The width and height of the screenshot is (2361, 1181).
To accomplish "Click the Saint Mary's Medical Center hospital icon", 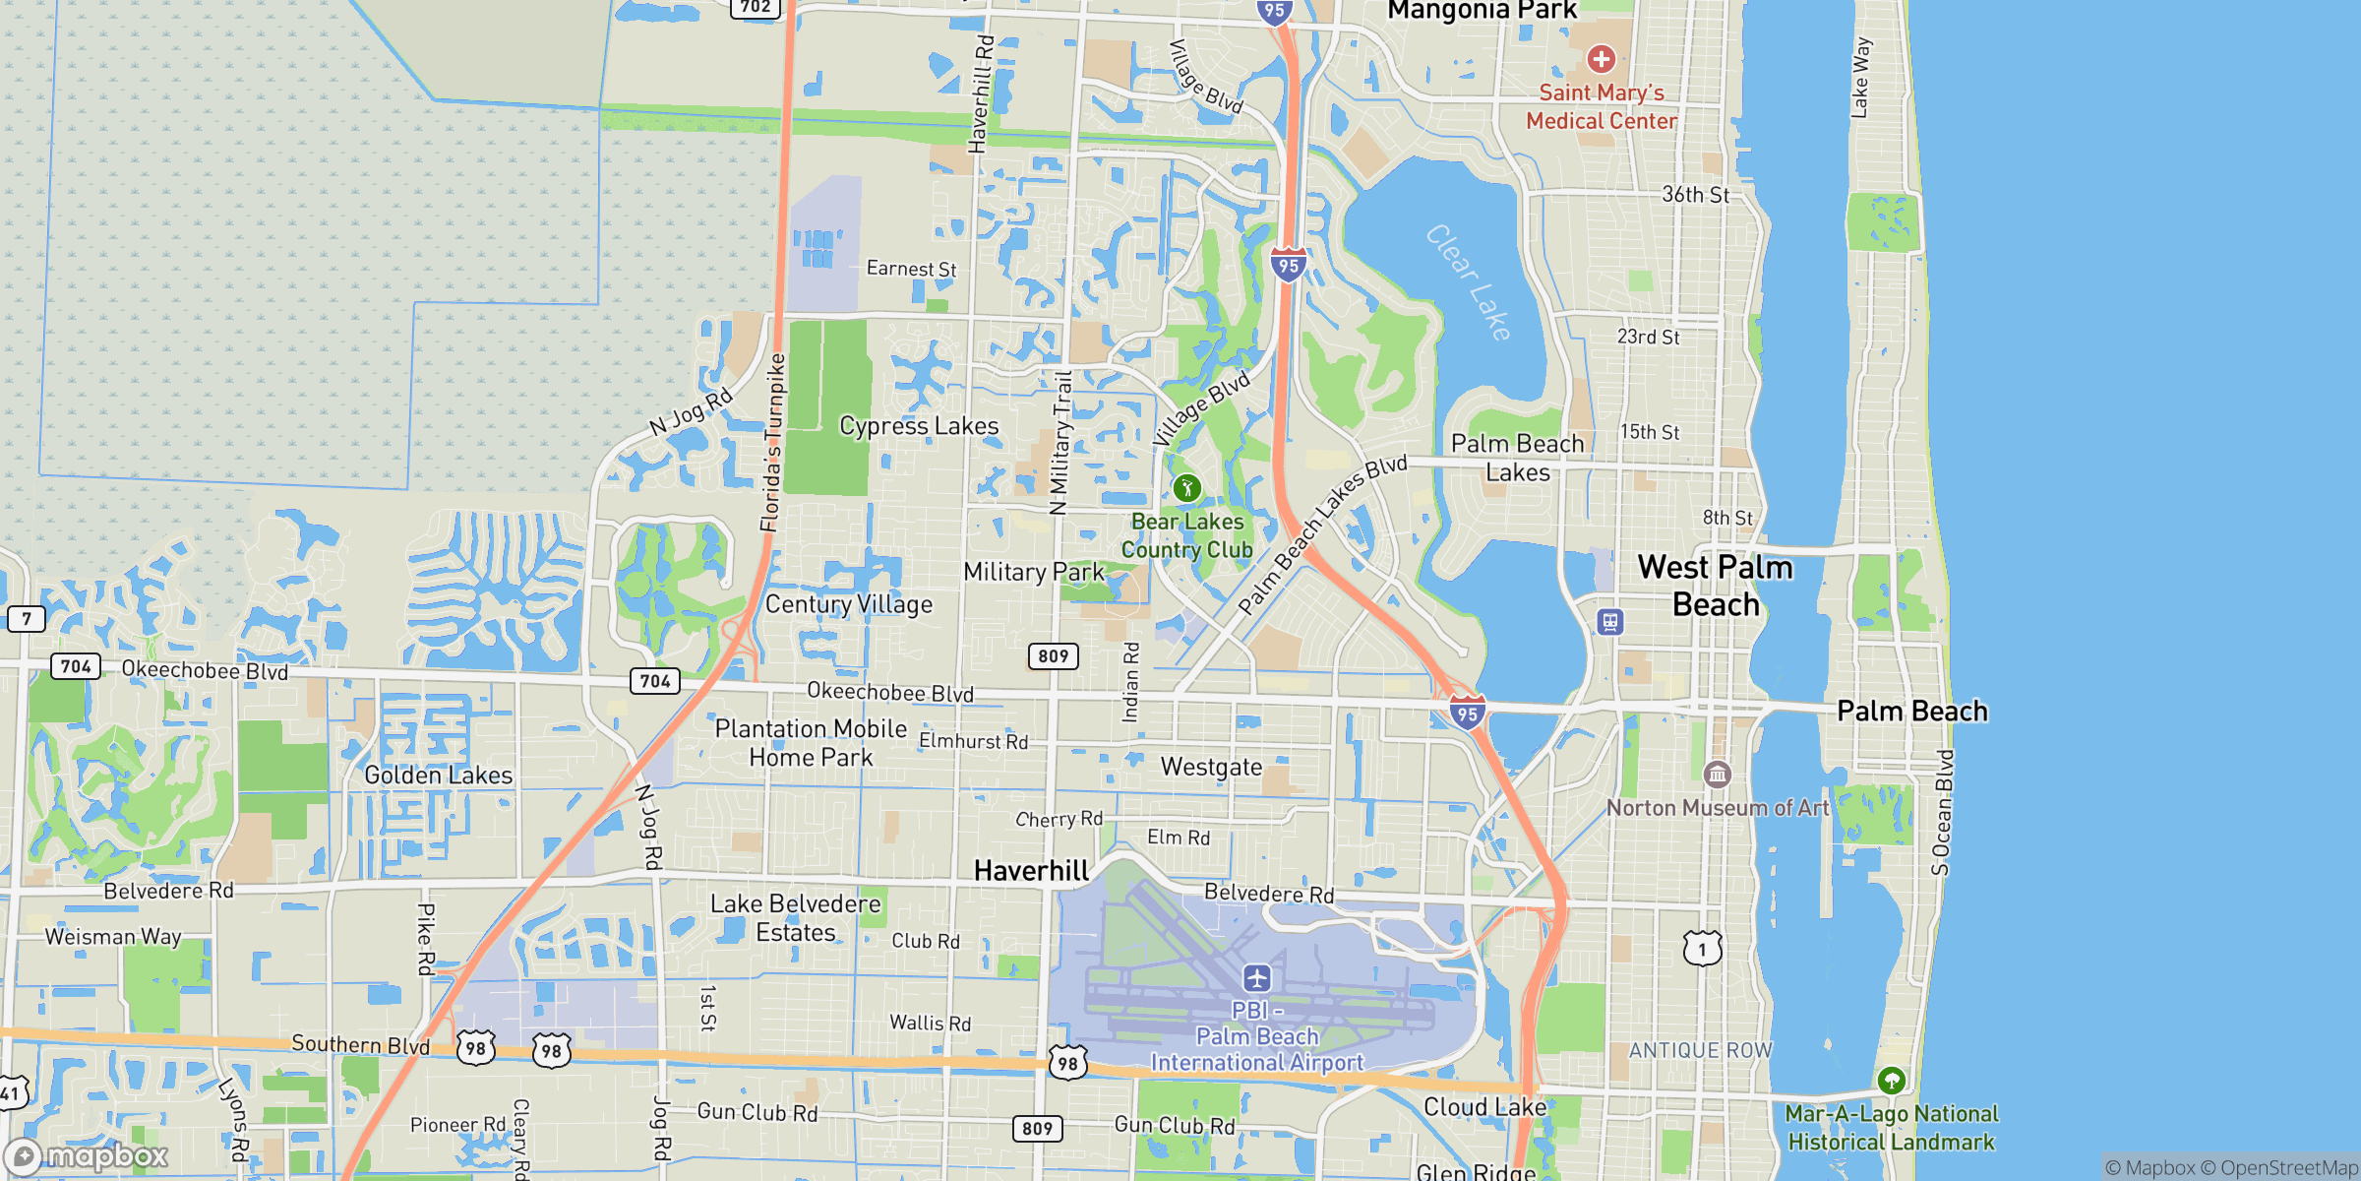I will pyautogui.click(x=1601, y=59).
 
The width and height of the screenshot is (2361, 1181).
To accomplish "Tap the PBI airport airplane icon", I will pyautogui.click(x=1256, y=978).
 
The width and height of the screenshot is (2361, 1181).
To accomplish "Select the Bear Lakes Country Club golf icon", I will pyautogui.click(x=1186, y=488).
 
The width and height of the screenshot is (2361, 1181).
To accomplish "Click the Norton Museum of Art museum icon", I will pyautogui.click(x=1717, y=775).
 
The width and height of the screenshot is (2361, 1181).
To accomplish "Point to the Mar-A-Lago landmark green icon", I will pyautogui.click(x=1891, y=1081).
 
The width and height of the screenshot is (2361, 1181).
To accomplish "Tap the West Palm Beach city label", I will pyautogui.click(x=1716, y=586).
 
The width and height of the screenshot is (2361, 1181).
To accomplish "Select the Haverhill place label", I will pyautogui.click(x=1031, y=870).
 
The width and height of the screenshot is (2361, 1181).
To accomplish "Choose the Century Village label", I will pyautogui.click(x=849, y=604).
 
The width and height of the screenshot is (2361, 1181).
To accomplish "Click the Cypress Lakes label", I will pyautogui.click(x=919, y=426).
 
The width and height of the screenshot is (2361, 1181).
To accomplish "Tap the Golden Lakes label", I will pyautogui.click(x=439, y=776).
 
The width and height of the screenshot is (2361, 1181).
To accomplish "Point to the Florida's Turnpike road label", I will pyautogui.click(x=773, y=443).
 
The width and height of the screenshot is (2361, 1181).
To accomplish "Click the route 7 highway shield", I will pyautogui.click(x=27, y=619).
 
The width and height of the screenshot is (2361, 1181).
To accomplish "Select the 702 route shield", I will pyautogui.click(x=756, y=7).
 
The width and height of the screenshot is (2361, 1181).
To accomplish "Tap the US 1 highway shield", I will pyautogui.click(x=1702, y=949).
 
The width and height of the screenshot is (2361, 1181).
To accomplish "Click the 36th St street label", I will pyautogui.click(x=1695, y=195).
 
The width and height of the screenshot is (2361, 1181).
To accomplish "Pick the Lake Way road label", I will pyautogui.click(x=1859, y=79).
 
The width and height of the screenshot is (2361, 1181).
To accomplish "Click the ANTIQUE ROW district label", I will pyautogui.click(x=1700, y=1051).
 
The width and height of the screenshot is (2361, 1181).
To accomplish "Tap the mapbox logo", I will pyautogui.click(x=89, y=1155).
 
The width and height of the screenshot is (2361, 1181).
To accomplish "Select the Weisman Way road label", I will pyautogui.click(x=113, y=936).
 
